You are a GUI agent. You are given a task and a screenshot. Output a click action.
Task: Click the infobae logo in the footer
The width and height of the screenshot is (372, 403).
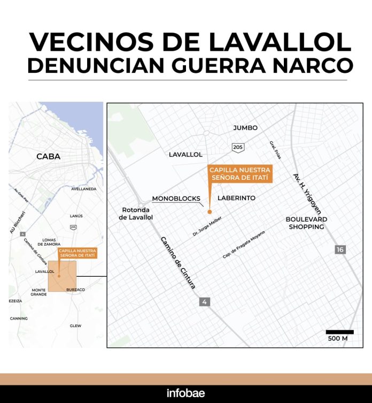tap(185, 393)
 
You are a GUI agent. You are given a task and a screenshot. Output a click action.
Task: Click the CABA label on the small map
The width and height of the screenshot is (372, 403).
tap(48, 157)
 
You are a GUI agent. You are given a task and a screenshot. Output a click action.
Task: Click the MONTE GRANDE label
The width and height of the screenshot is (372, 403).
tap(38, 292)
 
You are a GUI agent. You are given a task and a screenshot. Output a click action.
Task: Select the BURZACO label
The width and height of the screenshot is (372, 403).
tap(75, 290)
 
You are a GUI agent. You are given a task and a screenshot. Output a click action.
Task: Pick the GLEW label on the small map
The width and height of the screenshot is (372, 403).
tap(75, 325)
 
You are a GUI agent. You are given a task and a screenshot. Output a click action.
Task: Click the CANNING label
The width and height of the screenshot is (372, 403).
tap(19, 318)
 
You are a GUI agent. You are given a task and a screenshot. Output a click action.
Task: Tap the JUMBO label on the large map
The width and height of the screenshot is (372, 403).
tap(245, 128)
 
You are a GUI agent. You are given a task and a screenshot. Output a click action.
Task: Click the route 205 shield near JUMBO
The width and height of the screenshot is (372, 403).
tap(237, 147)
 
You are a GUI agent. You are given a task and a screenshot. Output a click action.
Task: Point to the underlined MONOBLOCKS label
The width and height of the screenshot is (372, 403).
tap(176, 199)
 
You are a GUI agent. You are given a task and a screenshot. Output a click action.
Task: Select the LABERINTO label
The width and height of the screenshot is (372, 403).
tap(236, 198)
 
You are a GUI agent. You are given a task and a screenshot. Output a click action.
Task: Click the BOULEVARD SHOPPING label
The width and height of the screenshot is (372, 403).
tap(306, 223)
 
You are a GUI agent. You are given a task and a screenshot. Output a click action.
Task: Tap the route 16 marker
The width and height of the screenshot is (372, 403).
tap(340, 249)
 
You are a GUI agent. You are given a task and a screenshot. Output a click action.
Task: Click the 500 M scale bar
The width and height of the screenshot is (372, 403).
tap(339, 332)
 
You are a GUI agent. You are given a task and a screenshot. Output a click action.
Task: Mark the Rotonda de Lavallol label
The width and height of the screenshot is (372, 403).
tap(137, 214)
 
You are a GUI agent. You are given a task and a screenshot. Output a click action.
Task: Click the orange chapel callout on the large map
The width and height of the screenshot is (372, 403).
tap(238, 174)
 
